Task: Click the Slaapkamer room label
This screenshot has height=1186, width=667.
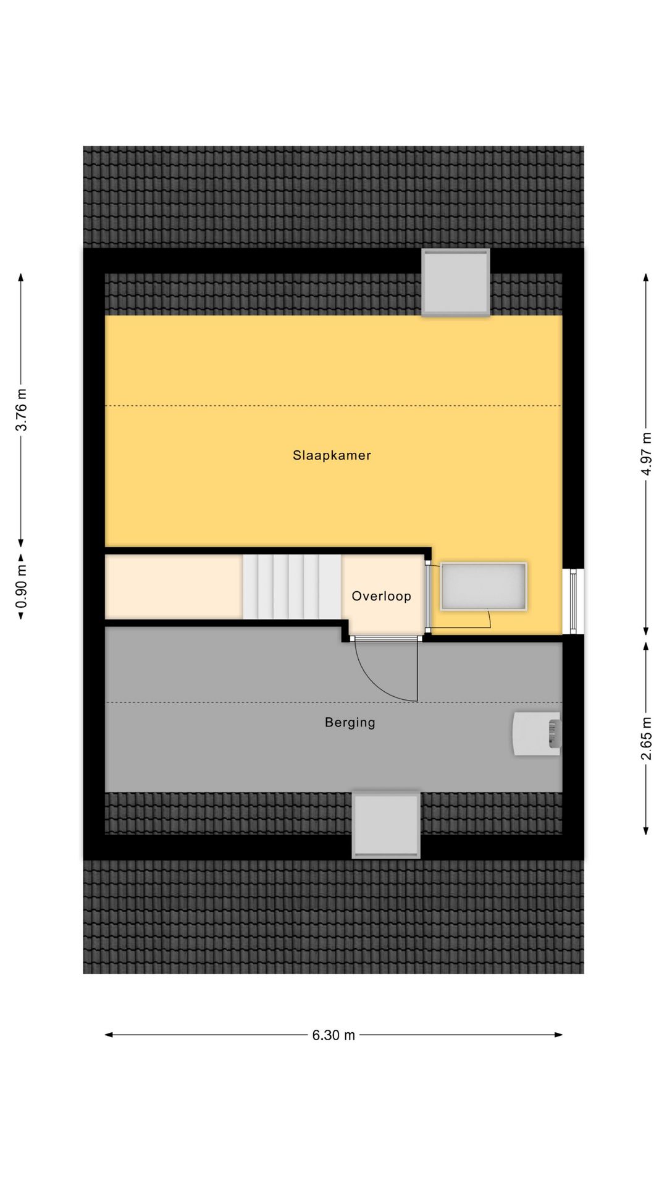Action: (332, 455)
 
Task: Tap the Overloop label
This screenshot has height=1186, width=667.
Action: (381, 596)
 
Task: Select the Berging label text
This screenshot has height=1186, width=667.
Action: (350, 722)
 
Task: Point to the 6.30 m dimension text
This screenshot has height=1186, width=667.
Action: (333, 1035)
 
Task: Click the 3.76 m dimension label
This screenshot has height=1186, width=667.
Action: (22, 410)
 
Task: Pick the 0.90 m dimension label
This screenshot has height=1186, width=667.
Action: (22, 582)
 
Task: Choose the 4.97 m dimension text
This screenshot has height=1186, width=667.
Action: (646, 454)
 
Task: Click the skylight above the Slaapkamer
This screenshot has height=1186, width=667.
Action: (455, 282)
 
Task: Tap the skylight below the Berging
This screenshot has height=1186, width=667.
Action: (386, 825)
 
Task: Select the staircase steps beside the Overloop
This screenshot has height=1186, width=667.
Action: (291, 586)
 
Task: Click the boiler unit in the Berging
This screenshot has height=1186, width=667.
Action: (537, 733)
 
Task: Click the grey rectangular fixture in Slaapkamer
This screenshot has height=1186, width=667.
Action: (484, 586)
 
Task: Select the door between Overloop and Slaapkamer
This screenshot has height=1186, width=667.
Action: (427, 596)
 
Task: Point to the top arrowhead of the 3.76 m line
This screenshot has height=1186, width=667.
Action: (22, 277)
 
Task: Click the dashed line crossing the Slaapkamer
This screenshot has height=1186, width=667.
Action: (333, 405)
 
